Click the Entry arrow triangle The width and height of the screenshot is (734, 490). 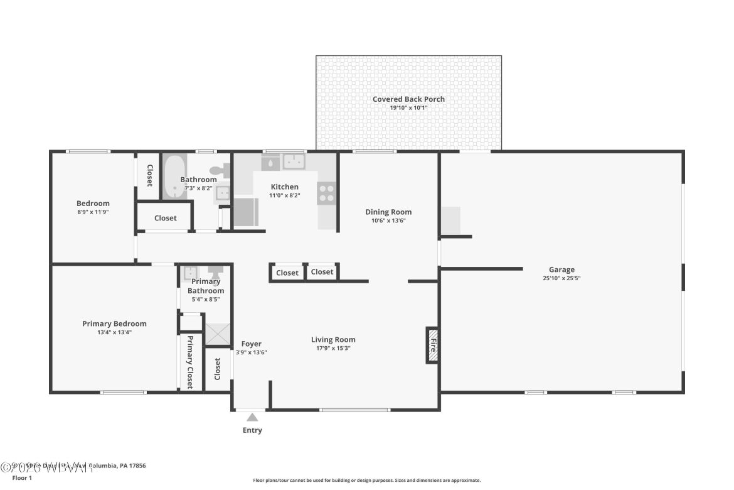point(252,417)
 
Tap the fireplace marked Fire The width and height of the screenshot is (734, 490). point(432,345)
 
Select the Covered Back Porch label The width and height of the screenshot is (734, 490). point(408,99)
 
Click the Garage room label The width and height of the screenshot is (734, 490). point(561,269)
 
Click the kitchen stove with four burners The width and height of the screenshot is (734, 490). point(326,193)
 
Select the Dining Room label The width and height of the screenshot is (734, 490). point(388,212)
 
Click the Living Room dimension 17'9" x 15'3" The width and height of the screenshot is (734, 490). point(333,348)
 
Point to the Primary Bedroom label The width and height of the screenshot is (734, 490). point(114,324)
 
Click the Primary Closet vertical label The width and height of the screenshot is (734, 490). point(189,362)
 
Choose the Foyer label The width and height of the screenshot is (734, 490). point(252,344)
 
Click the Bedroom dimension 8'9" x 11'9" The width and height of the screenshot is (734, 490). point(93,212)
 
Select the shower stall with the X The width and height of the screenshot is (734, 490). point(218,335)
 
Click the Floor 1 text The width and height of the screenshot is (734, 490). point(22,478)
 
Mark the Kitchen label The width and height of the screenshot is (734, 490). point(284,187)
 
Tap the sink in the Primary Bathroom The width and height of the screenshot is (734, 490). point(190,273)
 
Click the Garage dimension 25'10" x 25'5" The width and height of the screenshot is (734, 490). point(561,278)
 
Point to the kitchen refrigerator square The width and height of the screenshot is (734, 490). point(245,212)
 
